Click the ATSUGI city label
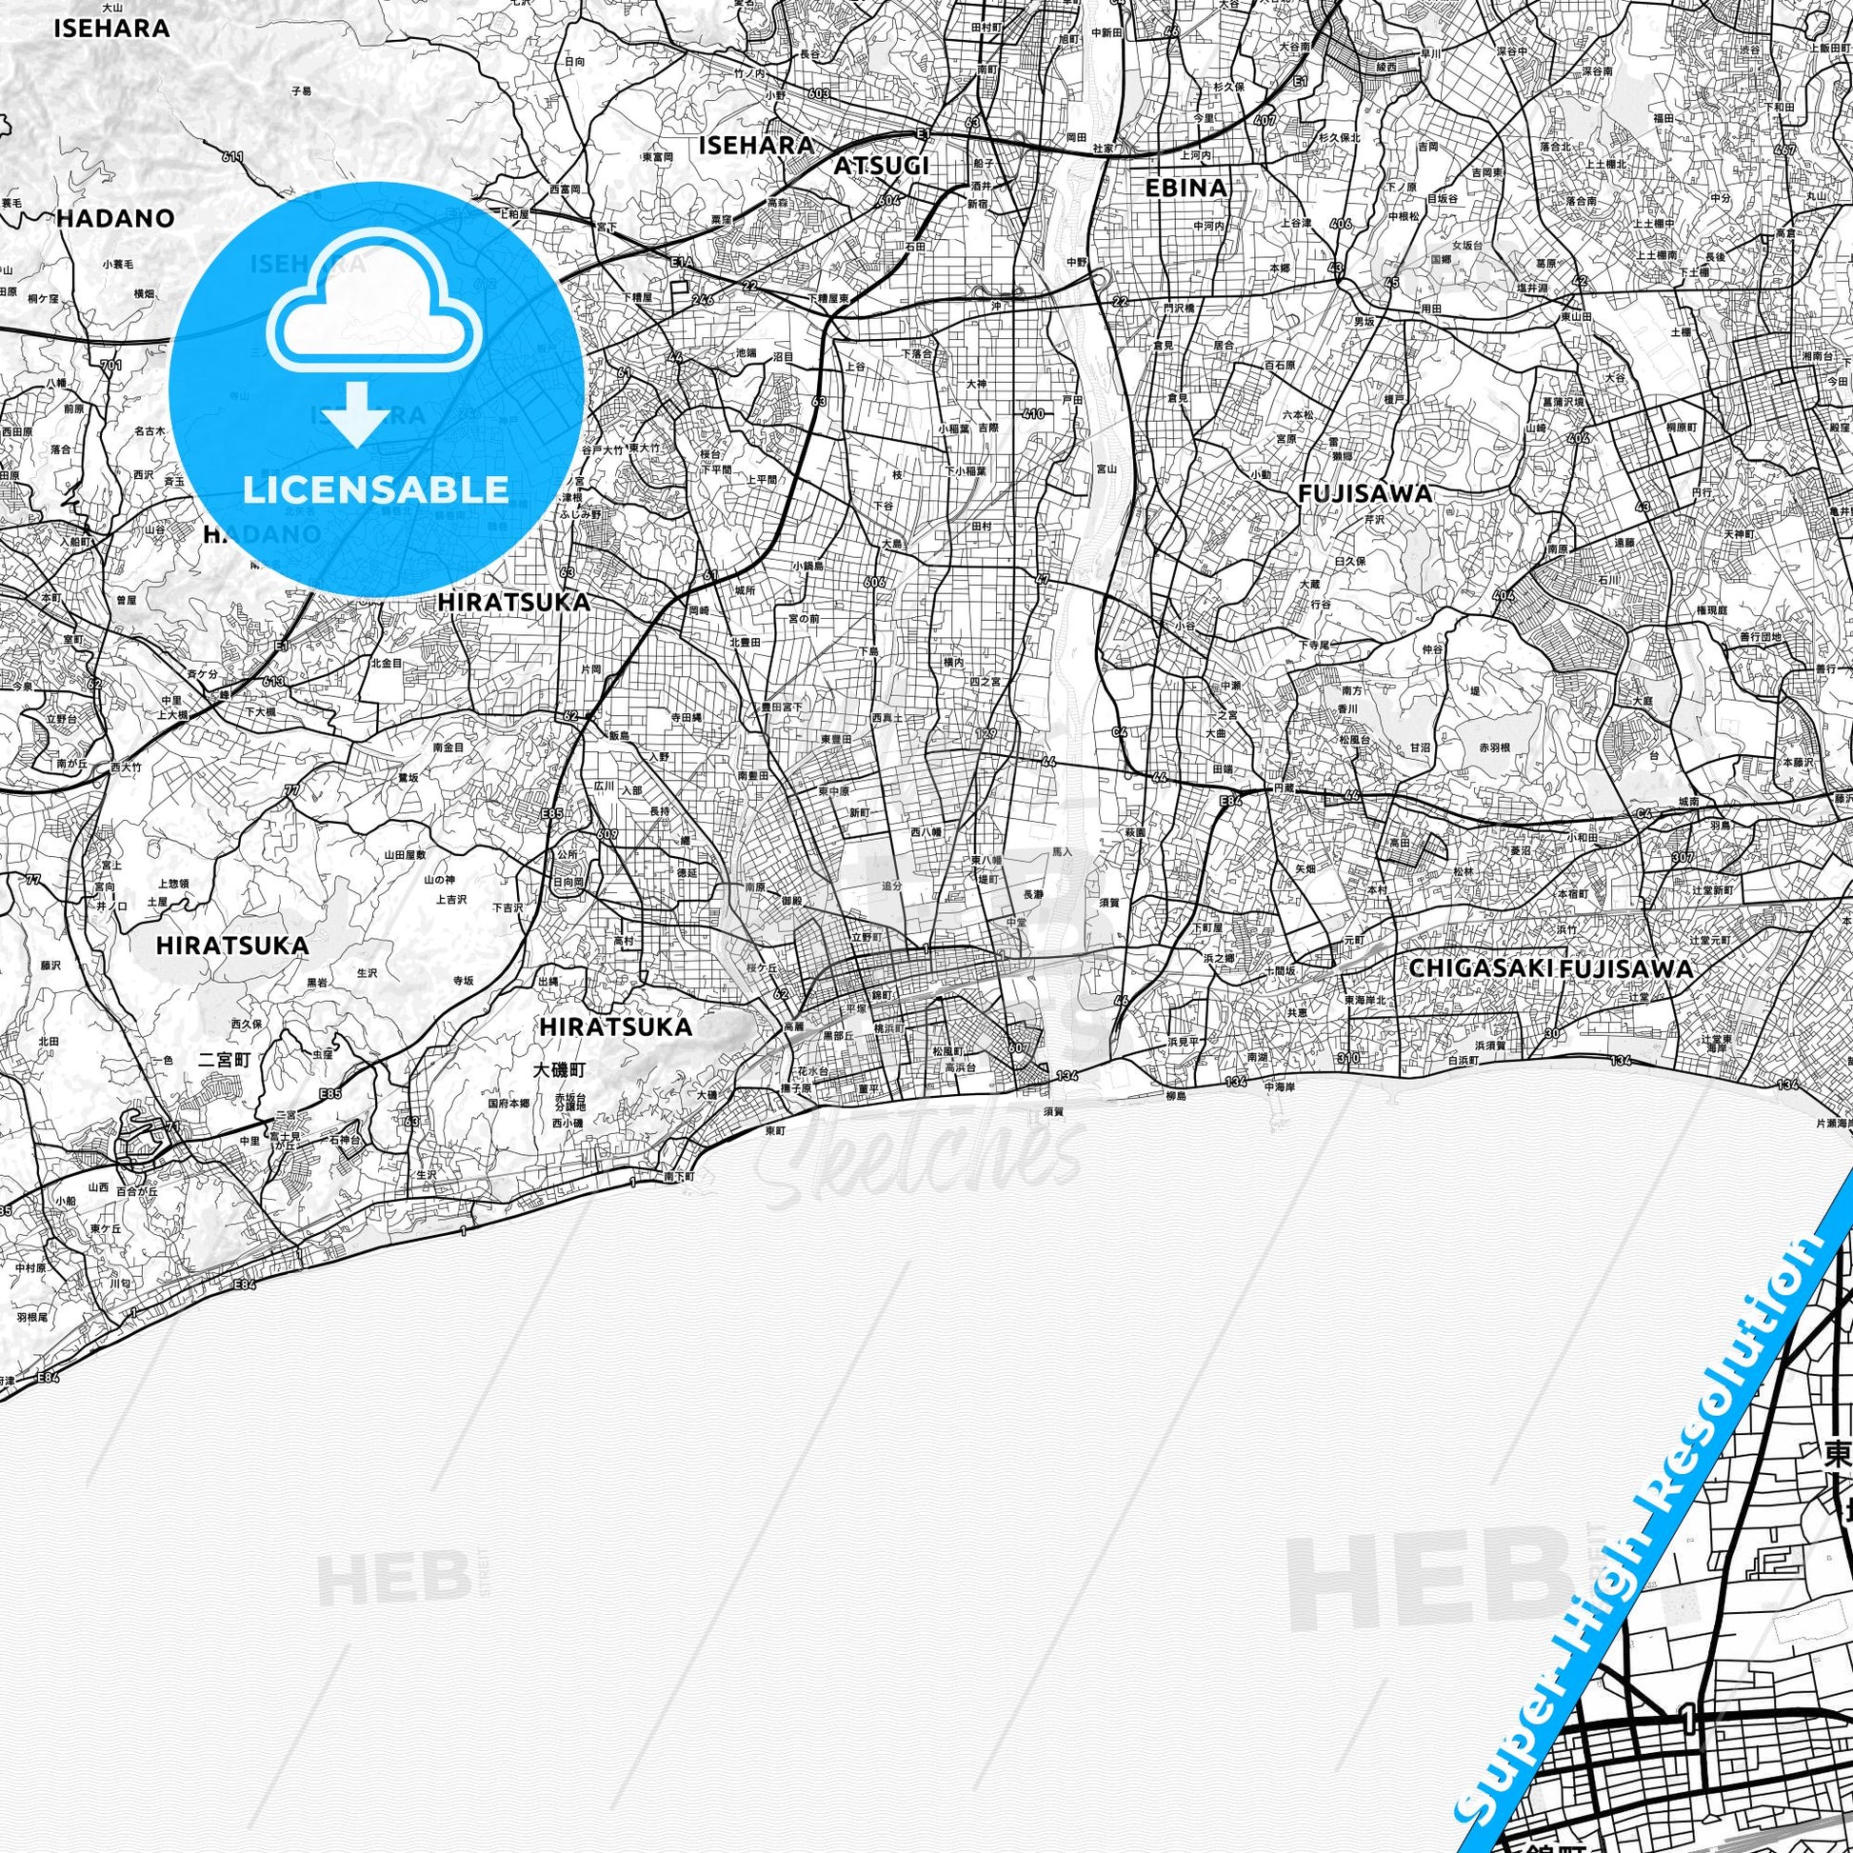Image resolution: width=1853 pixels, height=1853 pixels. click(881, 166)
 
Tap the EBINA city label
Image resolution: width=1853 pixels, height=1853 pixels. click(1186, 188)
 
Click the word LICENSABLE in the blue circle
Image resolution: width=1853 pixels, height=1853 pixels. click(376, 489)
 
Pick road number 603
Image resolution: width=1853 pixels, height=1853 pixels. click(818, 93)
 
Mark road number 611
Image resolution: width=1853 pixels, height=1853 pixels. click(232, 156)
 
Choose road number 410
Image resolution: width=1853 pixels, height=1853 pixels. click(1032, 414)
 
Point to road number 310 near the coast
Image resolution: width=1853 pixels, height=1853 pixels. click(1351, 1058)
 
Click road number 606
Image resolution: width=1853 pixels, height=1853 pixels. click(874, 582)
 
